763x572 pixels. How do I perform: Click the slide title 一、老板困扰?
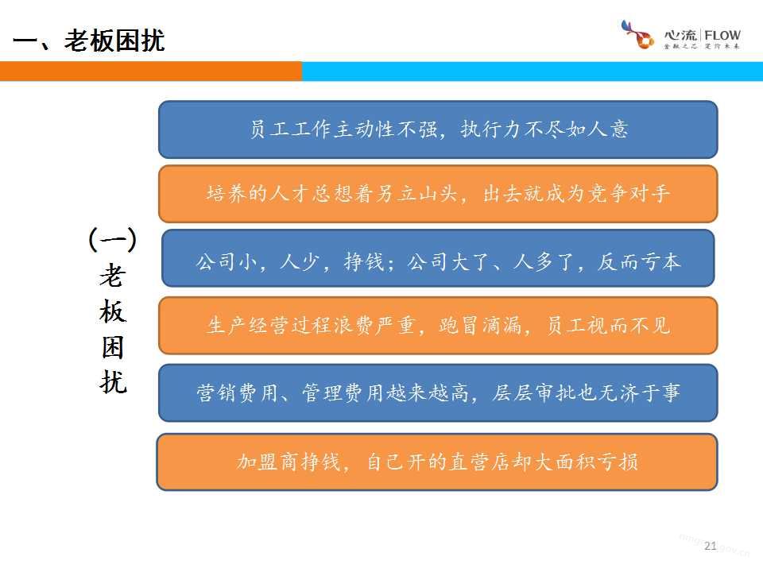point(88,41)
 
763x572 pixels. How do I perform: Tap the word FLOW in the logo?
point(722,36)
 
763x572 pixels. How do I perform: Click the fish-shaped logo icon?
point(637,34)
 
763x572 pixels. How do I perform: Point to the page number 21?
point(711,546)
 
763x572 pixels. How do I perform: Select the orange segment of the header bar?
point(151,71)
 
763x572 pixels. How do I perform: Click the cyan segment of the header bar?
point(533,71)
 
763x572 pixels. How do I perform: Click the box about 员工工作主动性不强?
point(438,129)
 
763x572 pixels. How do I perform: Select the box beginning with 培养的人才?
point(438,194)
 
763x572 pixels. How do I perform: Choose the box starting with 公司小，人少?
point(438,258)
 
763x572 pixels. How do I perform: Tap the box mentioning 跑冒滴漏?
point(438,326)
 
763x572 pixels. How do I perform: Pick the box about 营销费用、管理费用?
point(438,392)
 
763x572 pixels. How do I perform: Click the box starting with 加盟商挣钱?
point(437,462)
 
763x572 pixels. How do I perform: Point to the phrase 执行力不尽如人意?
point(544,129)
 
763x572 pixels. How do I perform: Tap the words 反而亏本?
point(639,261)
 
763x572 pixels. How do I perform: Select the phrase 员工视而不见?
point(608,326)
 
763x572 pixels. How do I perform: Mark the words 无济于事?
point(638,392)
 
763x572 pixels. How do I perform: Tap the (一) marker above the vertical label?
point(113,239)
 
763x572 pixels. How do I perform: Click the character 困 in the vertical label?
point(113,347)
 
